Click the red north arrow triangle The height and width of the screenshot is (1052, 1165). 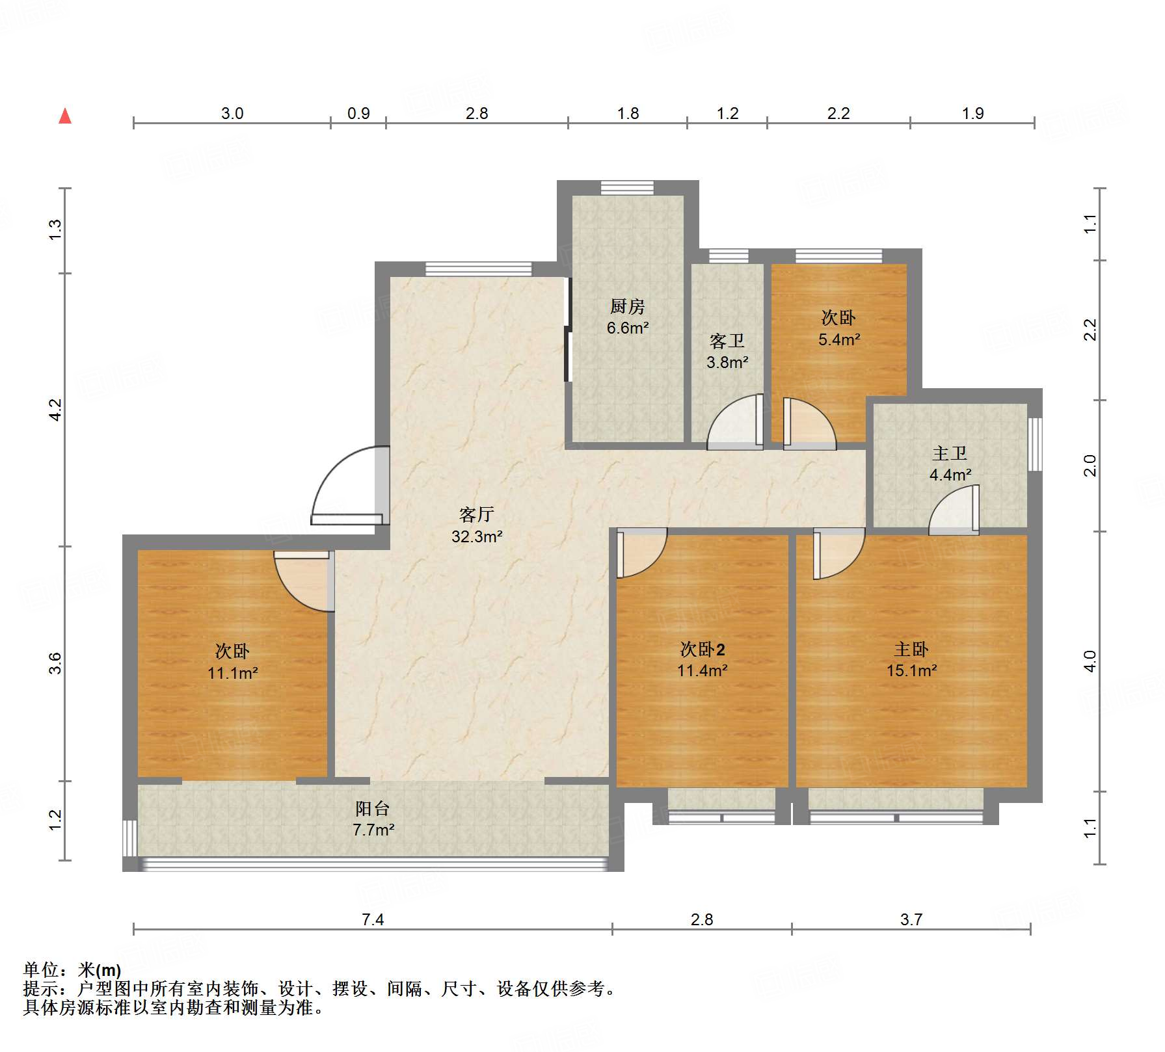65,116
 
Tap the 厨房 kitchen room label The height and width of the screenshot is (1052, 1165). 627,306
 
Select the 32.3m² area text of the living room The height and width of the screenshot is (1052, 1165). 477,536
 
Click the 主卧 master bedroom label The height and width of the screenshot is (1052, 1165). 911,649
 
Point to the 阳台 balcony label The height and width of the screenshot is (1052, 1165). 372,808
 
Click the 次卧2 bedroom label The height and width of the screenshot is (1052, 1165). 702,649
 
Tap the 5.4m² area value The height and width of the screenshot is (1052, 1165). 839,339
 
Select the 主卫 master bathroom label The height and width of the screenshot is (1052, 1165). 950,453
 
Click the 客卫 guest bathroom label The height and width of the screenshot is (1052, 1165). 727,341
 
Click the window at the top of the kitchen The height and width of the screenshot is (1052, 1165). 626,187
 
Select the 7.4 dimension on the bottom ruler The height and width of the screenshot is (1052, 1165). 373,919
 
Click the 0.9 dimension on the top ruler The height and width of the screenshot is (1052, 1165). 358,113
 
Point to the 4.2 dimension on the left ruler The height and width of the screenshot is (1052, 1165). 55,410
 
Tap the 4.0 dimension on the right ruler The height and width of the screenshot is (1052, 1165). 1090,661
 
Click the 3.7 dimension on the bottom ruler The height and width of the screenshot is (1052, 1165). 911,919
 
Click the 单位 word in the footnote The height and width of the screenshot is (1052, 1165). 40,970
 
